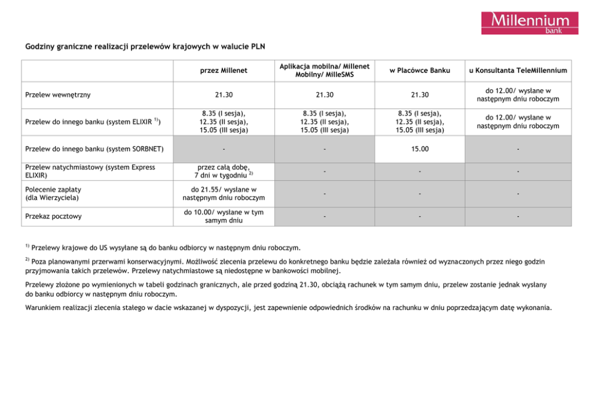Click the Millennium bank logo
click(530, 23)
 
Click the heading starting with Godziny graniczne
click(145, 45)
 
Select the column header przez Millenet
click(224, 71)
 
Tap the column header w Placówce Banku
click(420, 71)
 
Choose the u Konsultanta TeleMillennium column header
click(518, 71)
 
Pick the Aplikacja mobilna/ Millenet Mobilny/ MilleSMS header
click(324, 71)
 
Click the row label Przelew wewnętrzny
click(58, 95)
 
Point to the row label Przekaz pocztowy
click(54, 217)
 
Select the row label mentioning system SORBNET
click(94, 148)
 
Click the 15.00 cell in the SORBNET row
click(420, 148)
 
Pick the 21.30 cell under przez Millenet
click(224, 95)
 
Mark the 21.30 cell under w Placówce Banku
click(420, 95)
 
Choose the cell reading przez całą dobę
click(224, 171)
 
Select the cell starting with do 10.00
click(224, 217)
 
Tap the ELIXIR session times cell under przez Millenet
click(224, 121)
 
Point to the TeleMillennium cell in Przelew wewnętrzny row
click(518, 95)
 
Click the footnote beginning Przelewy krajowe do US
click(166, 247)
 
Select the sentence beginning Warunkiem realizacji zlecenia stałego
click(288, 308)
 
